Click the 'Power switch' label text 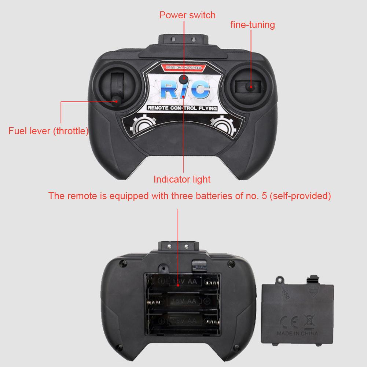pyautogui.click(x=187, y=15)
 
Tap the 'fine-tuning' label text pyautogui.click(x=253, y=25)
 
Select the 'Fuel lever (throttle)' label pyautogui.click(x=48, y=131)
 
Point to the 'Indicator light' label pyautogui.click(x=182, y=179)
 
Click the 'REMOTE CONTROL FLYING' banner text pyautogui.click(x=182, y=108)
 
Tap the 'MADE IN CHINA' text pyautogui.click(x=298, y=334)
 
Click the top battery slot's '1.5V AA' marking pyautogui.click(x=184, y=282)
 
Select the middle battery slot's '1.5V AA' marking pyautogui.click(x=184, y=301)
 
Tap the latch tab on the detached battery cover pyautogui.click(x=313, y=278)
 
